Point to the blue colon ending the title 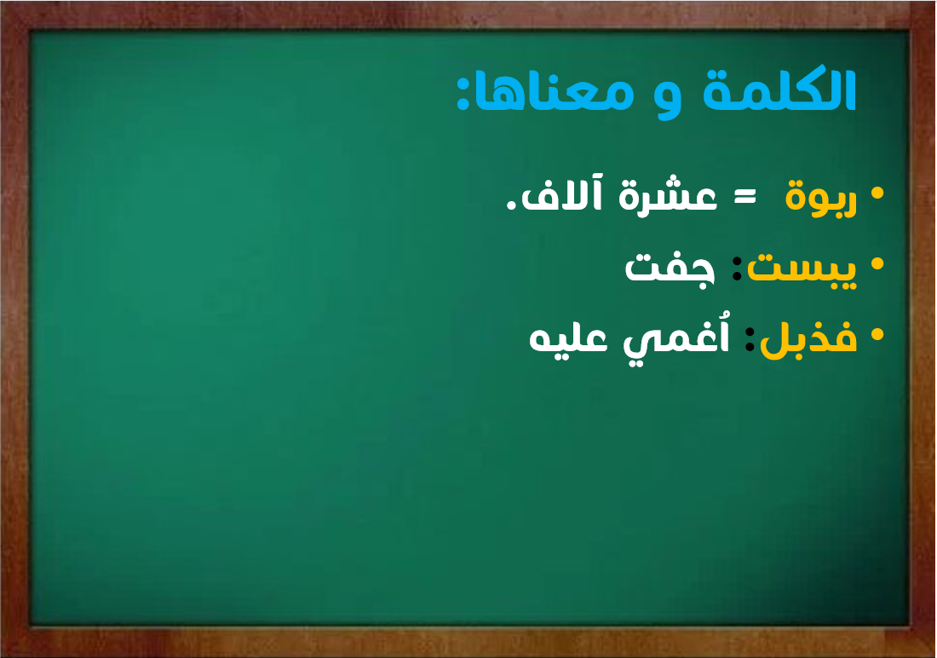point(463,93)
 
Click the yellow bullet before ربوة point(877,193)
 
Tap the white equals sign point(744,196)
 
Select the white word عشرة point(668,195)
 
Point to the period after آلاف point(512,205)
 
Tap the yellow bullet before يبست point(877,263)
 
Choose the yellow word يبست point(802,268)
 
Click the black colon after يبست point(738,268)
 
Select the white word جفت point(670,268)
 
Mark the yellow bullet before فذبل point(877,334)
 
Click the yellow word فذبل point(808,336)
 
